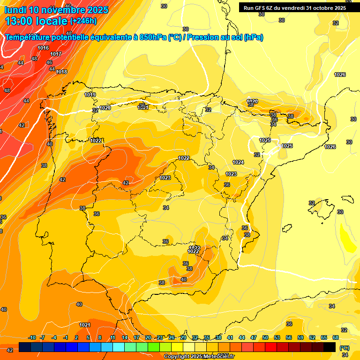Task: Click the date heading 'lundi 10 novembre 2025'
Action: (56, 10)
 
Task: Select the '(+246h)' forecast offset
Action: (83, 21)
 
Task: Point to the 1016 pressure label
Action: (43, 48)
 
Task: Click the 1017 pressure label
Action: (56, 54)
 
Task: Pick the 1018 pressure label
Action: (61, 72)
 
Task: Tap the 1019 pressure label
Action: (90, 95)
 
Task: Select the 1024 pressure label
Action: (238, 162)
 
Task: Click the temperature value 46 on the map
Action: (49, 62)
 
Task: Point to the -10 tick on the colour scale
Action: (32, 337)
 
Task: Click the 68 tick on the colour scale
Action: (336, 337)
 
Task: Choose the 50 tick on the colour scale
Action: (265, 337)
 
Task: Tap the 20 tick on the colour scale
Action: (148, 337)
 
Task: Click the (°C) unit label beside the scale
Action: (345, 348)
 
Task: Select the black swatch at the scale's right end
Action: (330, 347)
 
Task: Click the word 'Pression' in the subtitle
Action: (202, 37)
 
